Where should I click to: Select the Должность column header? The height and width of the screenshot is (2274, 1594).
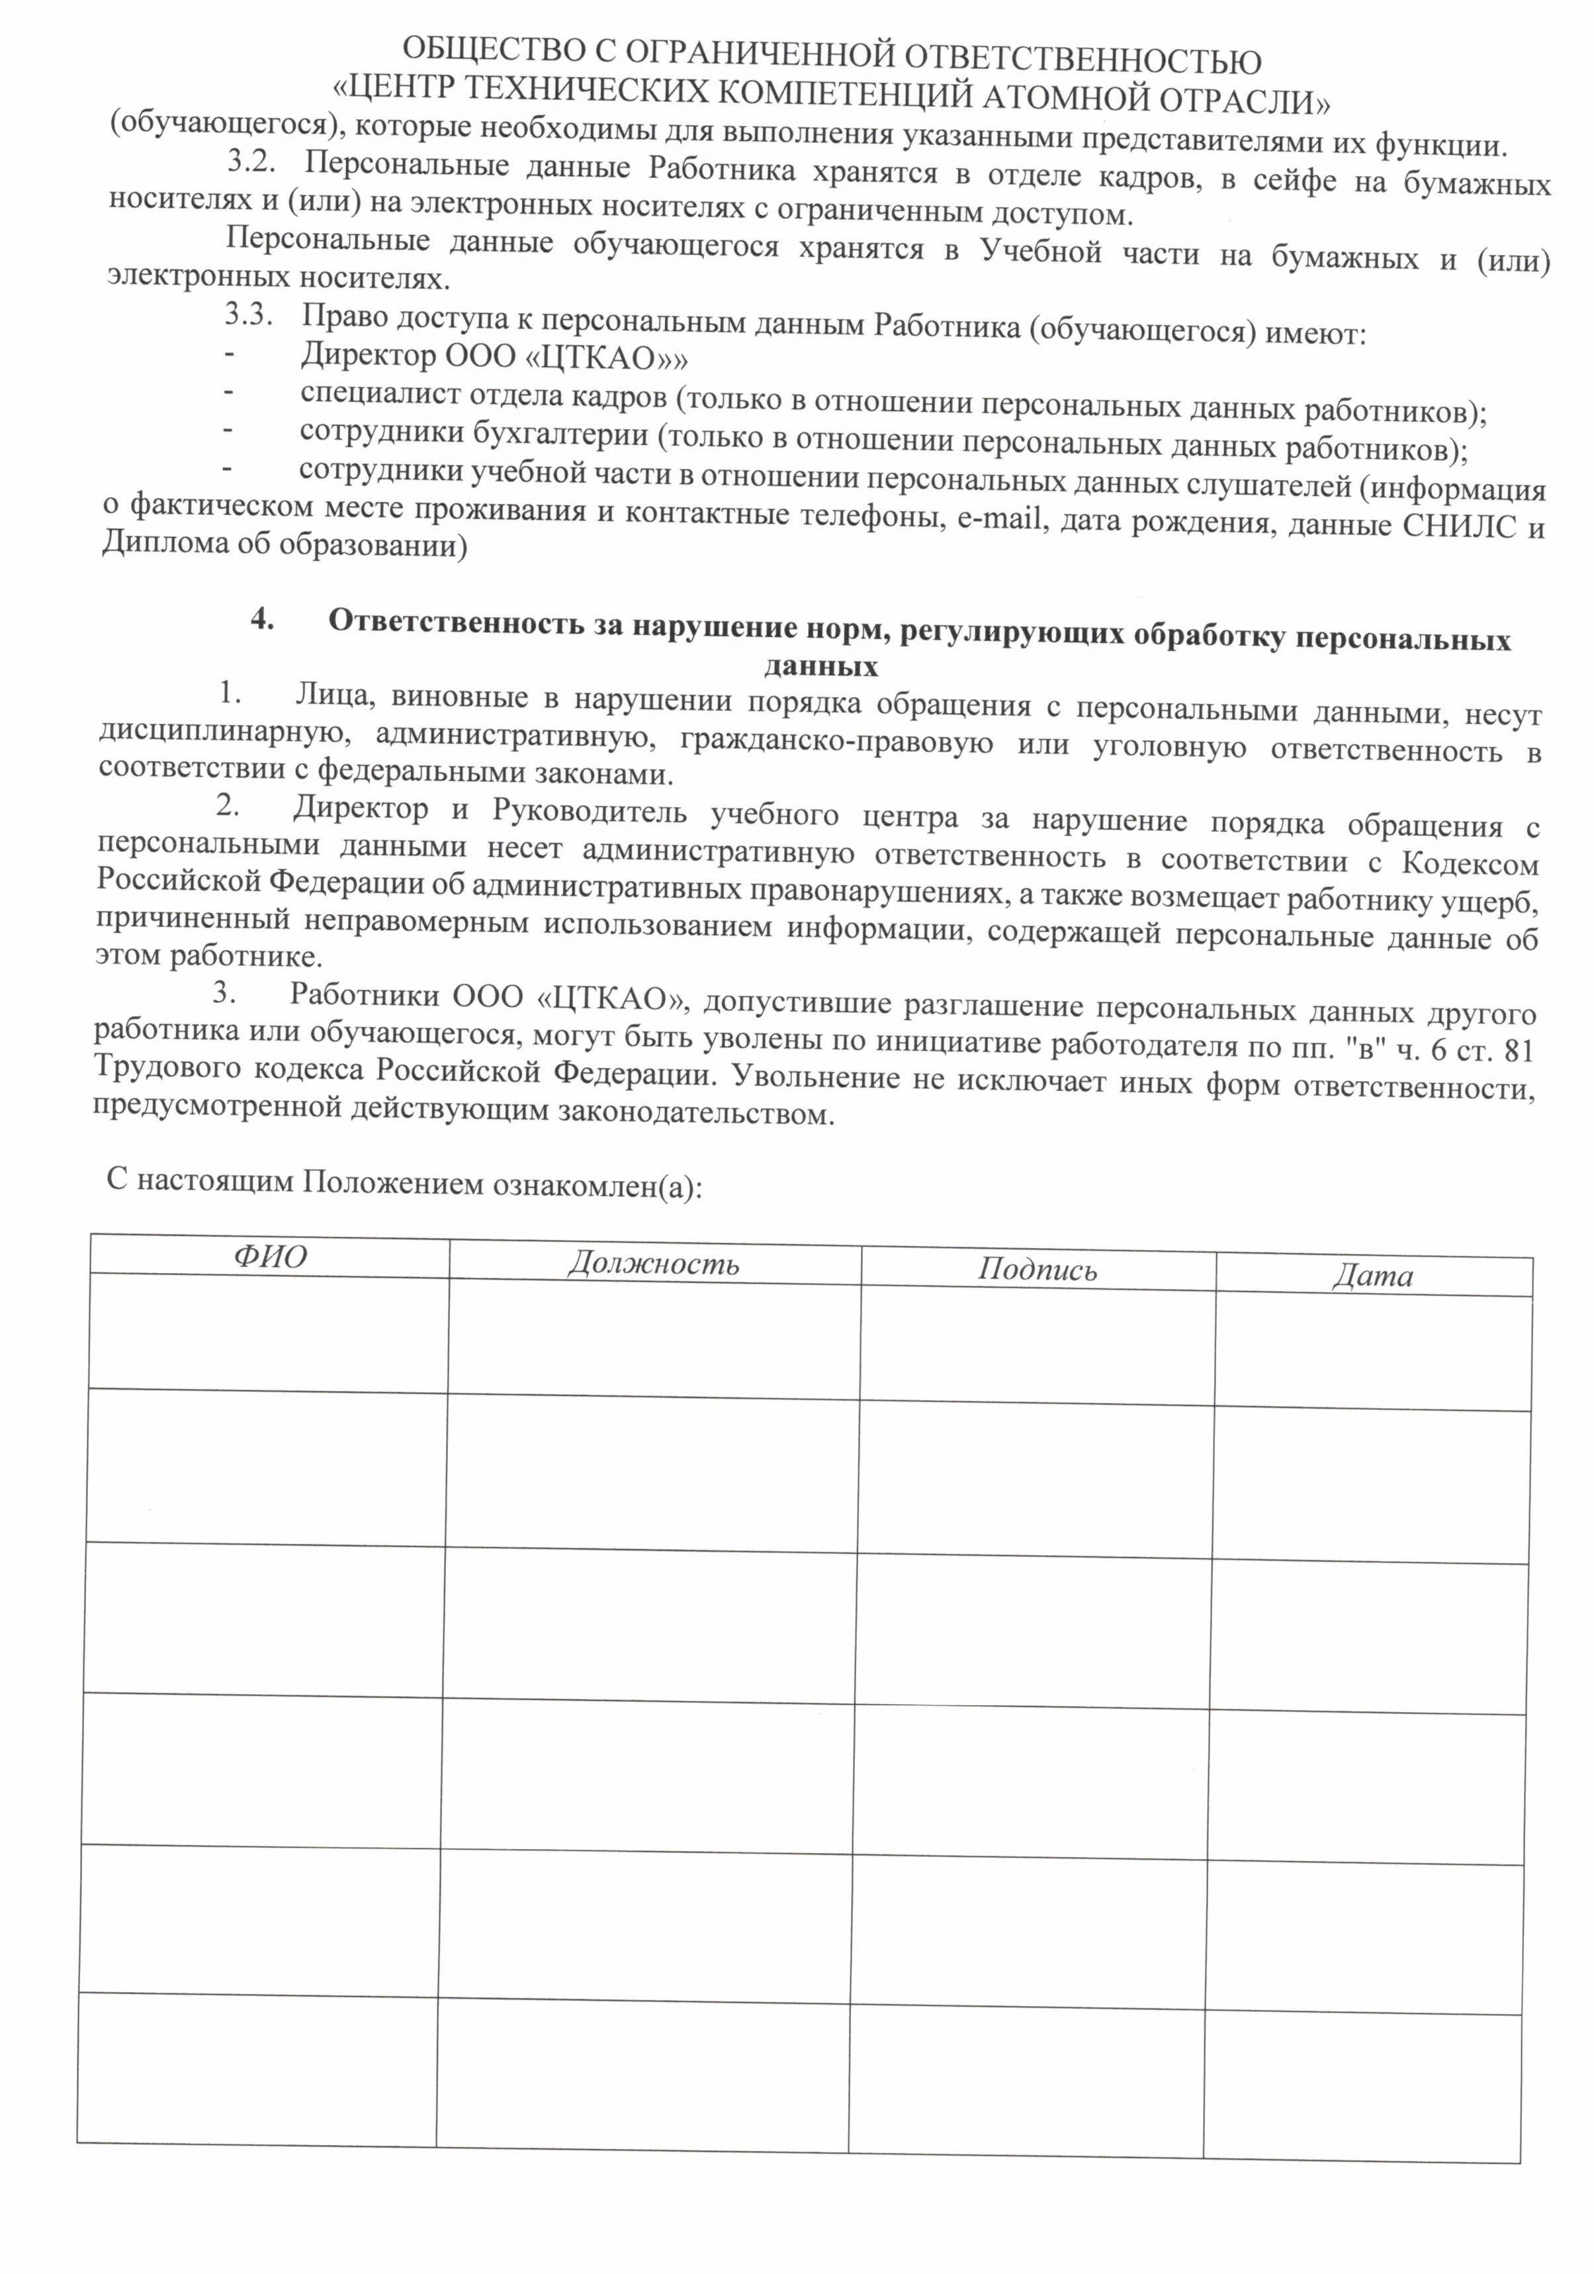coord(654,1264)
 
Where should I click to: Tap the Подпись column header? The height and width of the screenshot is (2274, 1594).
coord(1038,1270)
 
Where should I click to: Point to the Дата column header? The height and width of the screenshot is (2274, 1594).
coord(1372,1276)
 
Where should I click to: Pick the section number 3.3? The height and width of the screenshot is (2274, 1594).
coord(247,315)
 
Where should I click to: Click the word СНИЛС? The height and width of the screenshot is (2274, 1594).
coord(1460,526)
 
